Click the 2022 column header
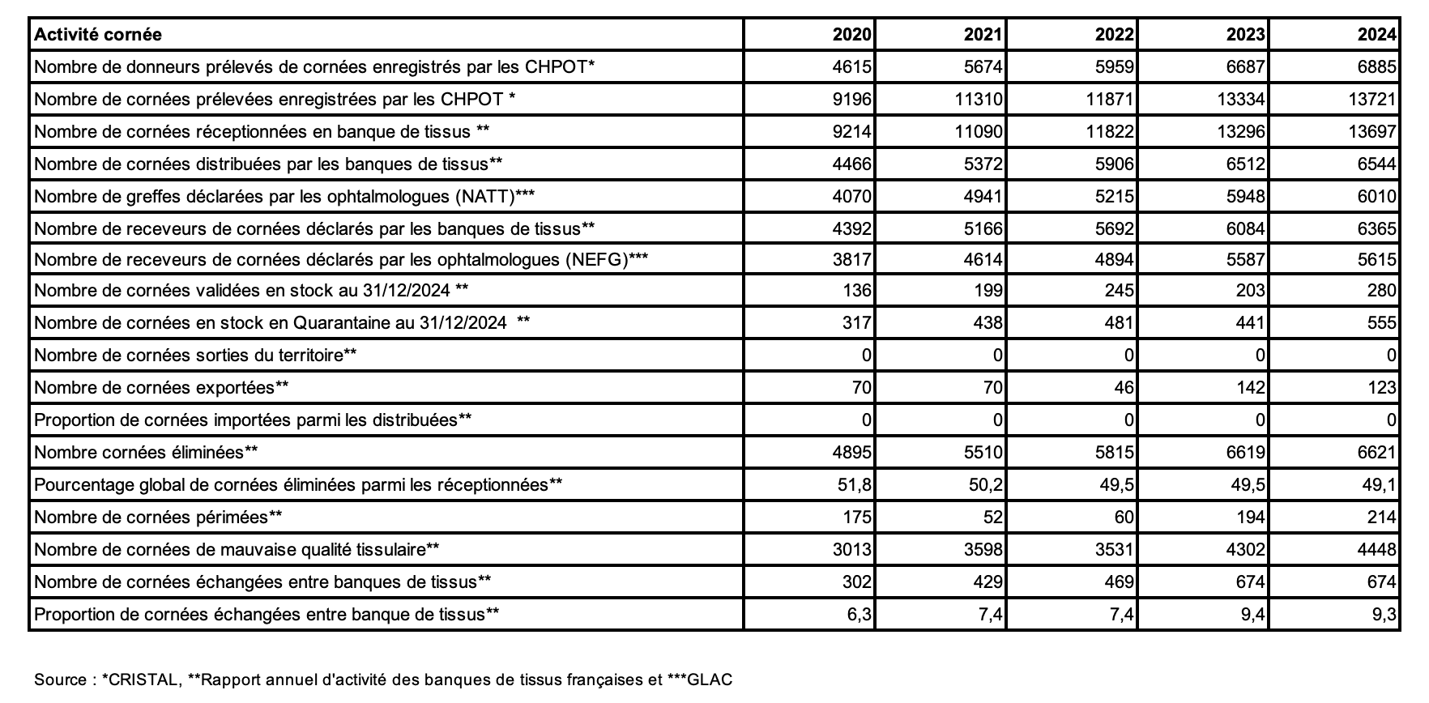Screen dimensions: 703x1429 pos(1114,34)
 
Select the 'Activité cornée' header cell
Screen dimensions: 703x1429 pos(98,34)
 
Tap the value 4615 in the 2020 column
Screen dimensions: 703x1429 pos(851,66)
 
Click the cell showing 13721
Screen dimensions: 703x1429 pos(1373,99)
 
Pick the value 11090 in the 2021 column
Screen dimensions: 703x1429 pos(979,131)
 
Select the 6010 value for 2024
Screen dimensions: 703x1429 pos(1376,196)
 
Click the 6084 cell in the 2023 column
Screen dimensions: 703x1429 pos(1245,228)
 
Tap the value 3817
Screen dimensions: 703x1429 pos(851,259)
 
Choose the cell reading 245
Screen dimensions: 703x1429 pos(1119,290)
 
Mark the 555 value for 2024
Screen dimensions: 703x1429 pos(1381,322)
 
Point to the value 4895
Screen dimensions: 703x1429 pos(851,452)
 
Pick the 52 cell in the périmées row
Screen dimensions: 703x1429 pos(992,517)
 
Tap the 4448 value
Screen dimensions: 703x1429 pos(1376,549)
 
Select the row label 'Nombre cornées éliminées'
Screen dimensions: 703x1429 pos(146,452)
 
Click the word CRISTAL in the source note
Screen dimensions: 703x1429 pos(143,680)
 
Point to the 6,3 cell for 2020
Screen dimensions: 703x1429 pos(860,614)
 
